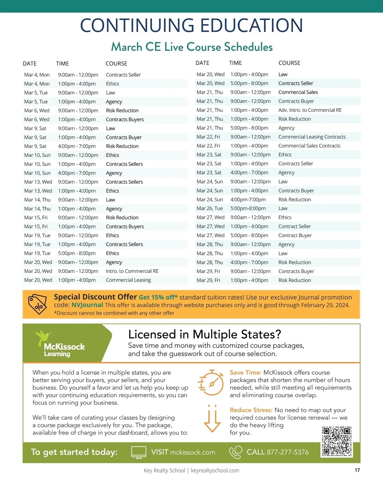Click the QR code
(x=337, y=441)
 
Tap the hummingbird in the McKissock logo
(x=43, y=337)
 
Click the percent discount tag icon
(x=37, y=304)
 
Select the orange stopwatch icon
(x=211, y=383)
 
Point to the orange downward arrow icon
(x=212, y=418)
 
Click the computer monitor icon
(x=139, y=452)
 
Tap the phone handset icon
(x=236, y=452)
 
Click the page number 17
(x=357, y=470)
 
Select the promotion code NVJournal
(x=87, y=305)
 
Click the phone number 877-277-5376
(x=288, y=452)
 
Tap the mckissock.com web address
(x=192, y=452)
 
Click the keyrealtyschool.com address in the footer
(x=215, y=471)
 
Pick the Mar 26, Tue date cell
(x=210, y=208)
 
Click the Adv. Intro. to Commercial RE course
(x=310, y=110)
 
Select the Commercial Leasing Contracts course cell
(x=312, y=137)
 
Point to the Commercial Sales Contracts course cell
(x=309, y=146)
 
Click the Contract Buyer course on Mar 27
(x=295, y=235)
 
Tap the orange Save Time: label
(x=245, y=373)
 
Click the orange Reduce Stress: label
(x=251, y=410)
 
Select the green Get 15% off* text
(x=158, y=297)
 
